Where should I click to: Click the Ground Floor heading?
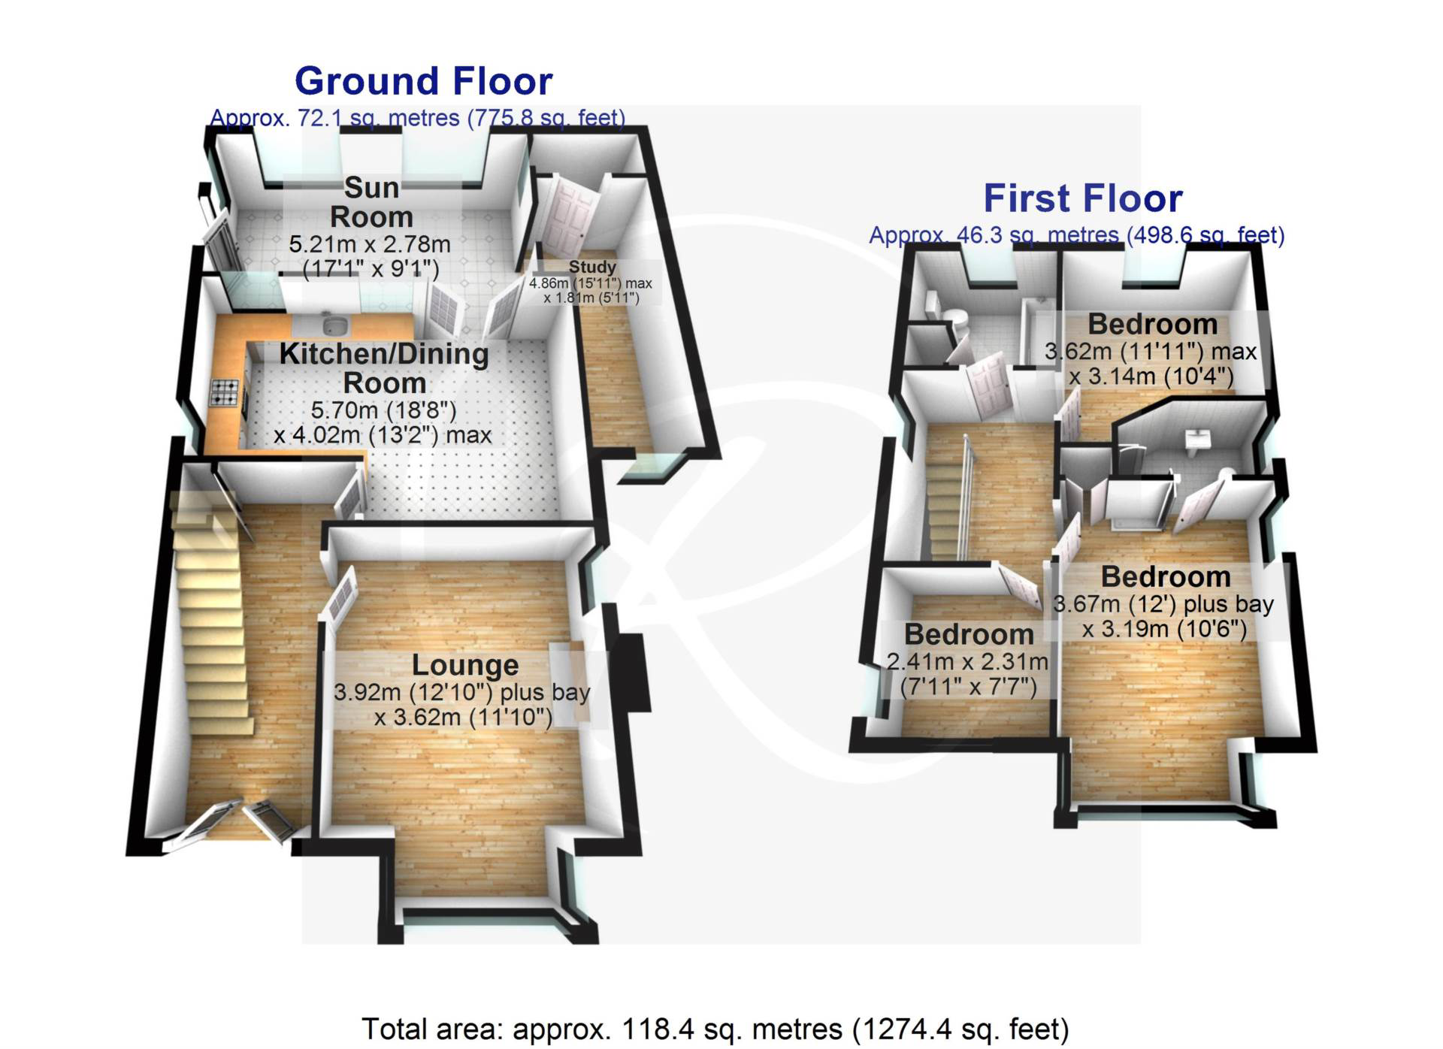click(x=423, y=81)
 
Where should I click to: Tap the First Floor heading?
click(x=1083, y=198)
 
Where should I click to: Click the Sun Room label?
click(x=371, y=201)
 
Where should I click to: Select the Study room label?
click(x=592, y=267)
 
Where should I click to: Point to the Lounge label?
click(x=465, y=666)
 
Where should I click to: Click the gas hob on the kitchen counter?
click(x=225, y=392)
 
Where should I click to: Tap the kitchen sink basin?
click(x=334, y=325)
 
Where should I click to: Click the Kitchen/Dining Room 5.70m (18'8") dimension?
click(x=383, y=410)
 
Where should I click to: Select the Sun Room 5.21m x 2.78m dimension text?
click(x=370, y=244)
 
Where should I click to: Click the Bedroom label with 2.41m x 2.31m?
click(x=969, y=635)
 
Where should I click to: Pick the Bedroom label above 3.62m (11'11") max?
click(x=1152, y=325)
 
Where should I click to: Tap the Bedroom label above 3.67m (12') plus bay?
click(x=1166, y=577)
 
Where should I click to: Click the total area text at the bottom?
click(x=715, y=1029)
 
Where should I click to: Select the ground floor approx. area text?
click(x=417, y=118)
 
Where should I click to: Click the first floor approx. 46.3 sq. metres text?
click(x=1076, y=235)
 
